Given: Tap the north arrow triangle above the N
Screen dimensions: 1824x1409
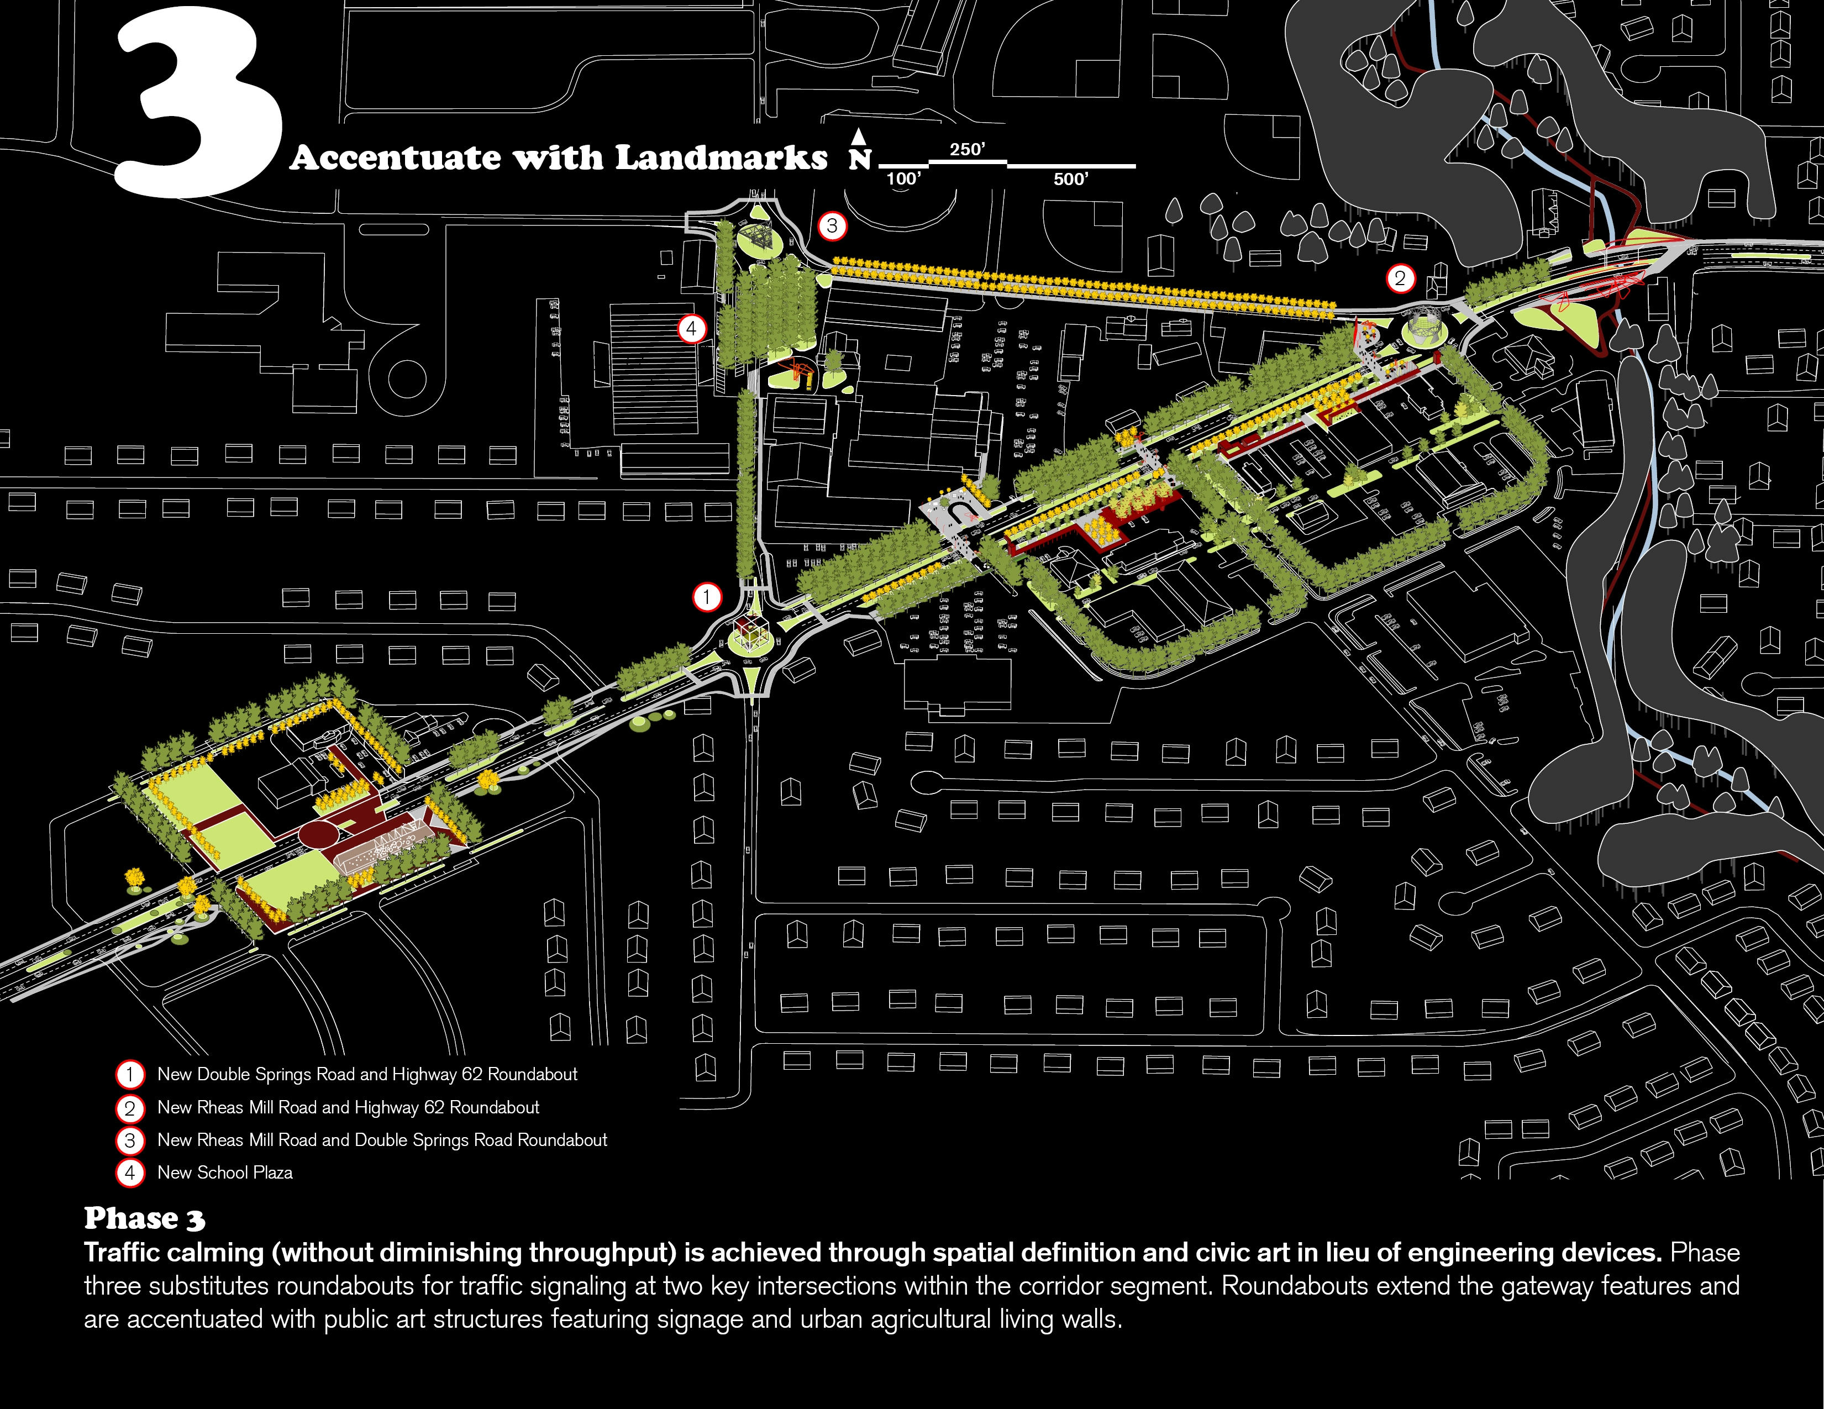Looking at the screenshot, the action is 859,136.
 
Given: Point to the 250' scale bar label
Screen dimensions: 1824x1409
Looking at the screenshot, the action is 967,150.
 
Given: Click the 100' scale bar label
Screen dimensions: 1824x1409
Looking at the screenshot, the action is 903,178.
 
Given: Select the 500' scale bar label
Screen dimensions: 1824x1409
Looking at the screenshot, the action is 1071,178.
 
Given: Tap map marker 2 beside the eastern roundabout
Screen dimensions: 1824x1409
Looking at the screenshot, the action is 1401,278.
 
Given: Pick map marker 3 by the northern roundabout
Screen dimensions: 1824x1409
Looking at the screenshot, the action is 832,225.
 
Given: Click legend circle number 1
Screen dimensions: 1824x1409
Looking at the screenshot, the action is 129,1074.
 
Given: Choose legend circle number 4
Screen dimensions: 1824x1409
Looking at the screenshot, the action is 129,1173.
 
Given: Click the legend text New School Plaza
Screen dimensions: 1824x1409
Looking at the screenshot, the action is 225,1173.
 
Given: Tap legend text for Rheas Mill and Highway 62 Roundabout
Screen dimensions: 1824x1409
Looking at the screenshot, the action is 348,1107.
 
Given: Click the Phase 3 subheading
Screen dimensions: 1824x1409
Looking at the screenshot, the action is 144,1218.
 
